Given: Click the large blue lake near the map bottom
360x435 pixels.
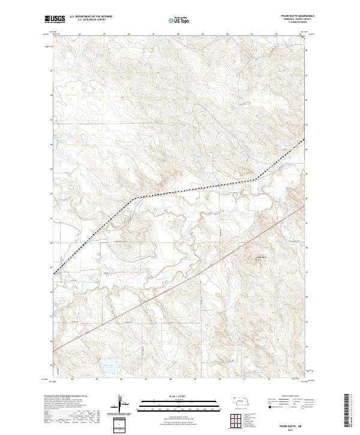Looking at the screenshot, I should coord(108,362).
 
